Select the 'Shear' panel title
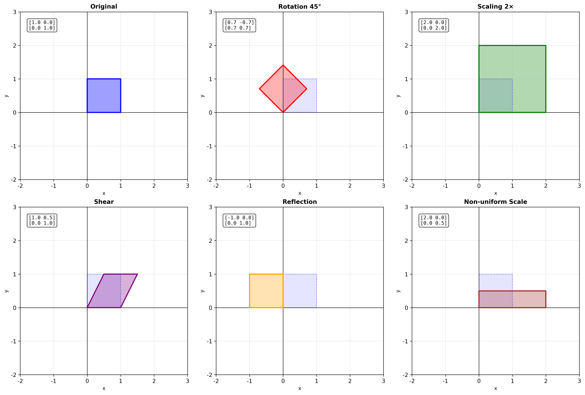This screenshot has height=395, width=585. coord(104,202)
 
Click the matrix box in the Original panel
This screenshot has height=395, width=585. coord(42,25)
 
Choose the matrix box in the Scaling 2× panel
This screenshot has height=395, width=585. coord(434,25)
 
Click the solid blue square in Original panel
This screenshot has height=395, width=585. coord(104,96)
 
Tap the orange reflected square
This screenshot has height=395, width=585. coord(266,291)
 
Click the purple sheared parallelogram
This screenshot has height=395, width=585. coord(112,291)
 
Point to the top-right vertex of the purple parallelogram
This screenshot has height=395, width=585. coord(137,274)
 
